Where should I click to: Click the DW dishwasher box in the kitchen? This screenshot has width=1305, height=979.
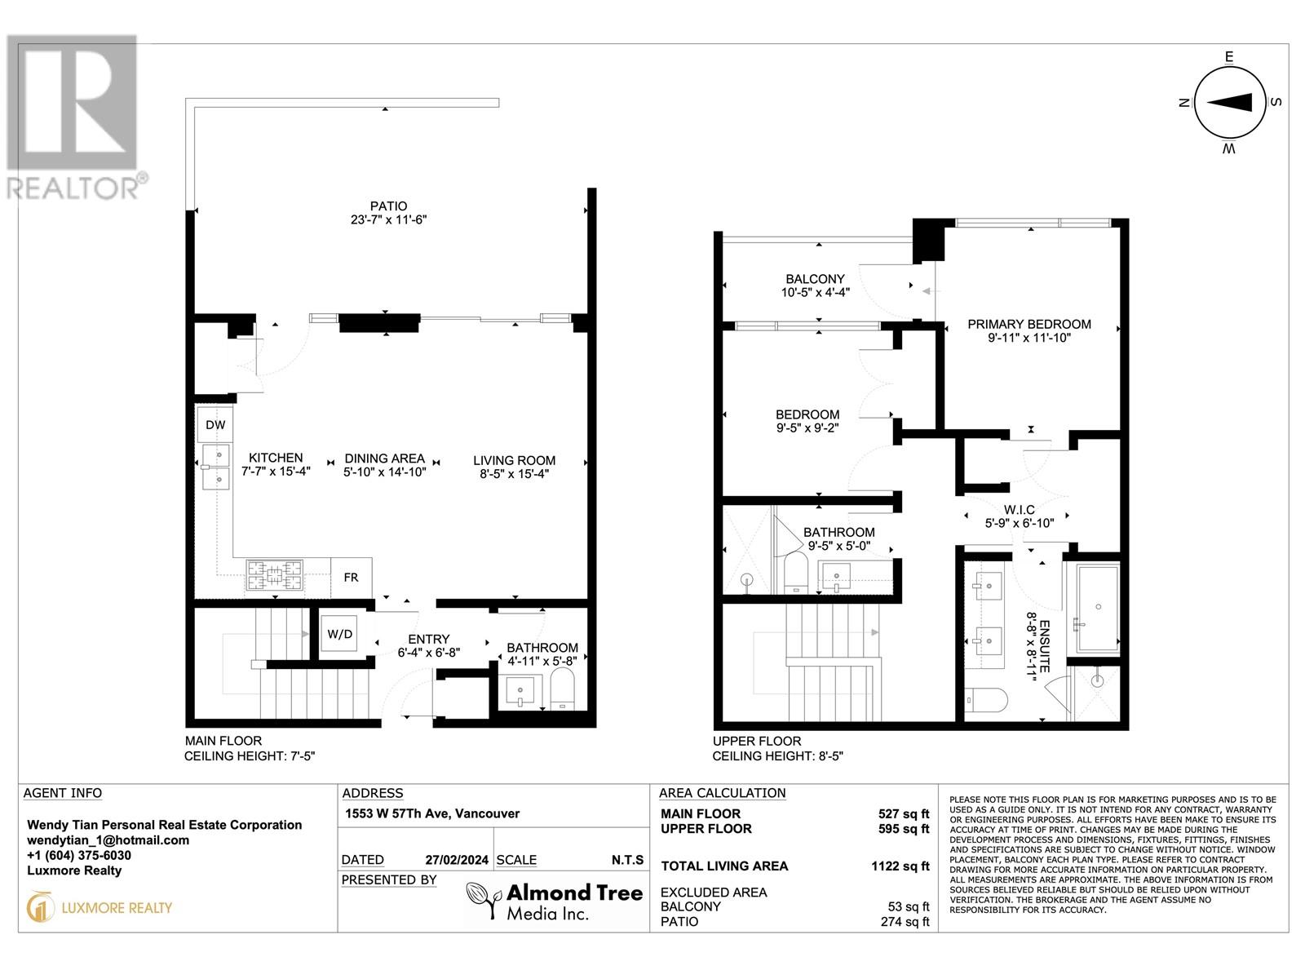point(215,425)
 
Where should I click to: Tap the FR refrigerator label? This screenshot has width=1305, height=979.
point(351,578)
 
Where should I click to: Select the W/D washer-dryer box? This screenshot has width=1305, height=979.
point(339,633)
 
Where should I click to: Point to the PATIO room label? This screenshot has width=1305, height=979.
point(387,206)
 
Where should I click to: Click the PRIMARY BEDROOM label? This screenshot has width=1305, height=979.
point(1029,324)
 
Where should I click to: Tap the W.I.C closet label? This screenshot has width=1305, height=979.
point(1020,510)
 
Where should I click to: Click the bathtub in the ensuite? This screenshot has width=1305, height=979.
point(1098,608)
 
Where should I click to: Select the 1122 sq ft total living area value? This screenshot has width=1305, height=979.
point(900,866)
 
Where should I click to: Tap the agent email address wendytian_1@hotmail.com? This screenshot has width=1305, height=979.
point(108,840)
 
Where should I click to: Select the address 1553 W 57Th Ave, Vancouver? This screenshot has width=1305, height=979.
point(431,813)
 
